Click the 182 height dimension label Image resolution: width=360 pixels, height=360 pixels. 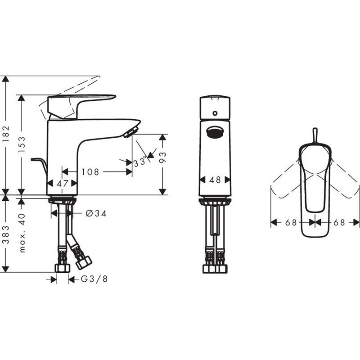(6, 134)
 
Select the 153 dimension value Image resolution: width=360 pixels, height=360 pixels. (22, 144)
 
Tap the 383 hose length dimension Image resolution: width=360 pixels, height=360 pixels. (6, 234)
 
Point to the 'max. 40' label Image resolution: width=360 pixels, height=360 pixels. (22, 233)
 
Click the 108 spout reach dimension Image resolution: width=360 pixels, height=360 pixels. (90, 172)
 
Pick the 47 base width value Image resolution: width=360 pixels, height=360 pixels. (63, 184)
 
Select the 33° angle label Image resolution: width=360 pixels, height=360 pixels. (140, 162)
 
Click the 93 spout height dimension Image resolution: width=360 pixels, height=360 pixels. (162, 157)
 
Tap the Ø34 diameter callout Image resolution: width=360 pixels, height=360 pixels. (96, 213)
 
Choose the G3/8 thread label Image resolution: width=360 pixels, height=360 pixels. (94, 279)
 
